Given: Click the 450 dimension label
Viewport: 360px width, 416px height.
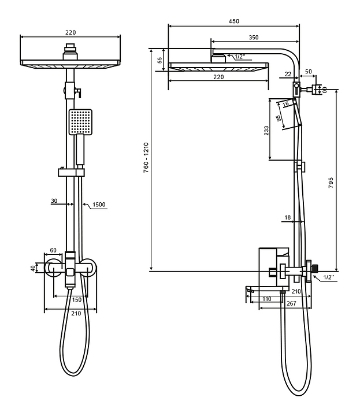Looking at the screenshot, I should coord(234,21).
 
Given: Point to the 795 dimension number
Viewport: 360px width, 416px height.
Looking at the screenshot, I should coord(330,183).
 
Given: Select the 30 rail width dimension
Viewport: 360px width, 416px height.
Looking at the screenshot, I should coord(54,201).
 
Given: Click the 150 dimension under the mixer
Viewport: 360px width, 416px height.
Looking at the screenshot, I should coord(76,300).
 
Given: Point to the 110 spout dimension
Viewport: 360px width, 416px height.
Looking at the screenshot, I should coord(266,299).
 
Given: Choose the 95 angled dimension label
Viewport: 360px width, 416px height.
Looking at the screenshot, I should coord(279,118).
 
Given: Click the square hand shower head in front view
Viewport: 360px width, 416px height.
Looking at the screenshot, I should coord(80,121).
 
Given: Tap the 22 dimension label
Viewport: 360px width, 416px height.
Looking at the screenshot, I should coord(288,74).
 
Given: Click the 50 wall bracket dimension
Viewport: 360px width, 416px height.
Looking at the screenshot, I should coord(307,71).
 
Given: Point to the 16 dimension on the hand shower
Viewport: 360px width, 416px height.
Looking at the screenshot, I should coord(286,104).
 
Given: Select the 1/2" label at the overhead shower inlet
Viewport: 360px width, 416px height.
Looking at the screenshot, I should coord(239,57).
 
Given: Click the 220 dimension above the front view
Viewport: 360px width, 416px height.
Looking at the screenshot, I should coord(71,33).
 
